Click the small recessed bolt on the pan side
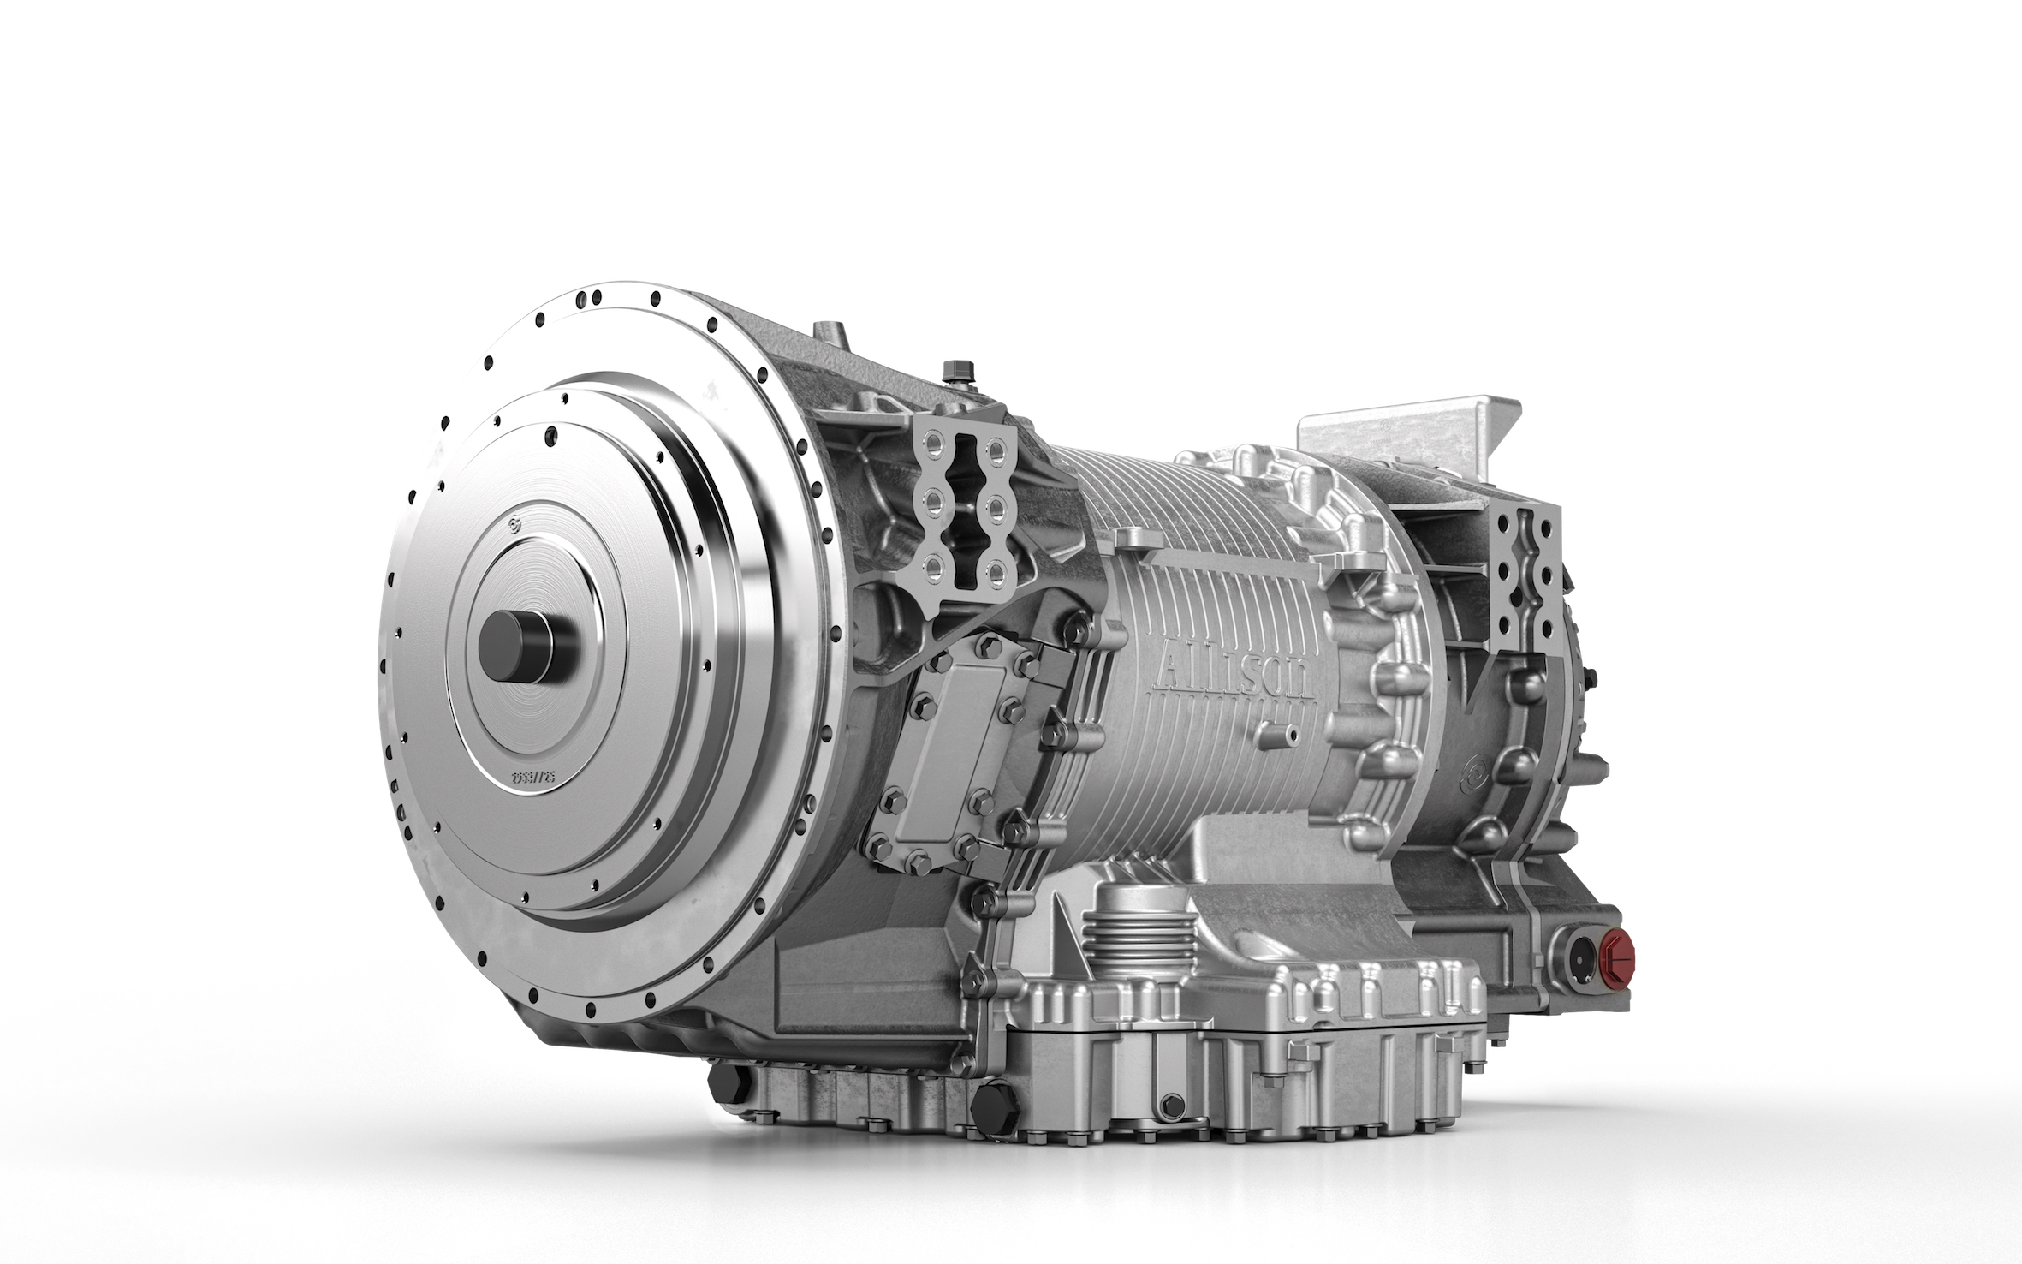[x=1173, y=1106]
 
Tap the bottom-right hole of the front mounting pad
[x=997, y=569]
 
